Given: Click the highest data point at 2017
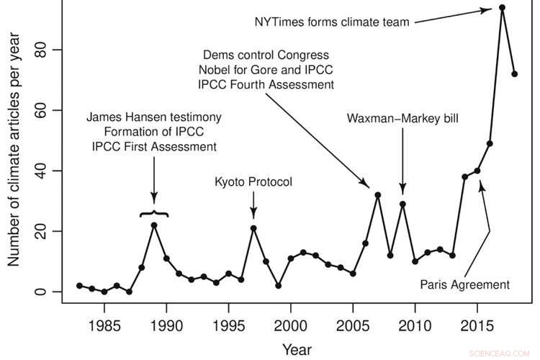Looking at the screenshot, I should click(x=502, y=8).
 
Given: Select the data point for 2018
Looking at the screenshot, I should click(x=515, y=74).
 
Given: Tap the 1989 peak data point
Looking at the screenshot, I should click(x=154, y=225).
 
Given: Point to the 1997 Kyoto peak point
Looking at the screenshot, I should click(x=253, y=228).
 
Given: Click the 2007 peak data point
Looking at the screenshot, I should click(x=377, y=195).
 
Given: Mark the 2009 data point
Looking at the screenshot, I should click(x=402, y=204).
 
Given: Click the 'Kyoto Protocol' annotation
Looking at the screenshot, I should click(x=253, y=182).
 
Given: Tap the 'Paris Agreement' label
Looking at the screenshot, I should click(x=465, y=284).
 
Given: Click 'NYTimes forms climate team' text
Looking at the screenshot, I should click(x=332, y=22).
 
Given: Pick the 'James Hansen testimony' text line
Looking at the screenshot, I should click(x=154, y=117).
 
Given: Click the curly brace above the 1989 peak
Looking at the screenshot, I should click(x=154, y=213).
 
